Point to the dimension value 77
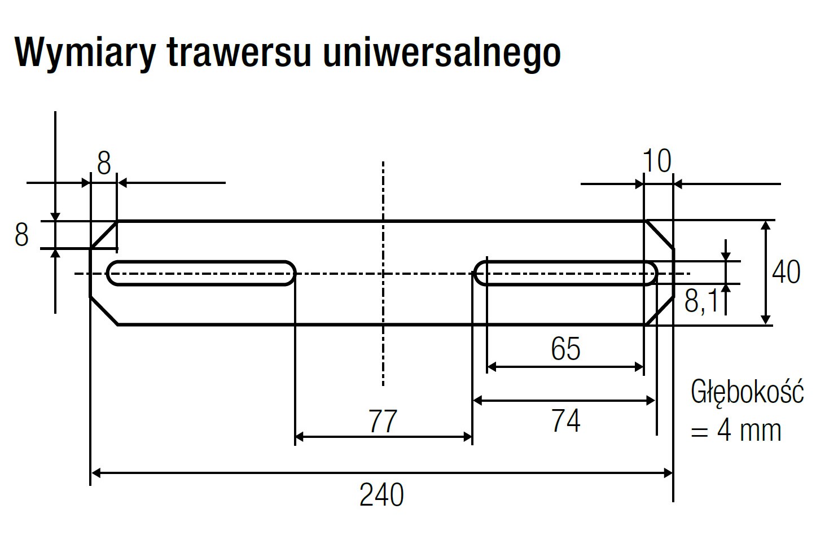[x=383, y=422]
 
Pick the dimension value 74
[x=565, y=422]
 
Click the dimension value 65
[x=565, y=349]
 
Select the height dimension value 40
[x=786, y=273]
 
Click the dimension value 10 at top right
[x=657, y=162]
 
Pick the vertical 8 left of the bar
[x=21, y=235]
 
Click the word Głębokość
[x=747, y=392]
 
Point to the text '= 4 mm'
[x=736, y=431]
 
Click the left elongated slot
[x=201, y=273]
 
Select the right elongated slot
[x=566, y=273]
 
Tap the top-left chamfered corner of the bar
[x=104, y=235]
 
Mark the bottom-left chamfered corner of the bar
[x=104, y=310]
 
